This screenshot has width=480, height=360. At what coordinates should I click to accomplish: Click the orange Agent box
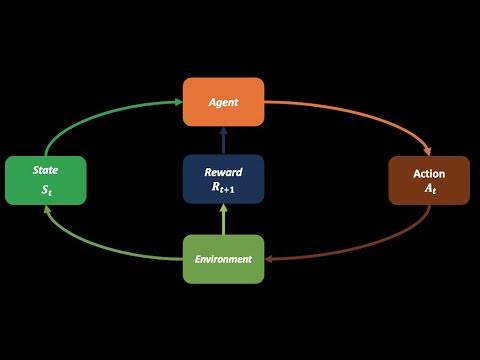[224, 102]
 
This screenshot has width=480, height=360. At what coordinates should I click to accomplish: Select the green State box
[46, 180]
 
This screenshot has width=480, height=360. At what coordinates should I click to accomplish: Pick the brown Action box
[429, 181]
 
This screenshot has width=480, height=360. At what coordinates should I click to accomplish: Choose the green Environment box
[224, 259]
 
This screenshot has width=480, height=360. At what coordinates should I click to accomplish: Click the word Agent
[224, 102]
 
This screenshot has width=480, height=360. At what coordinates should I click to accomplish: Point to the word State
[46, 172]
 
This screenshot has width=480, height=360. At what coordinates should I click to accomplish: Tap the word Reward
[224, 170]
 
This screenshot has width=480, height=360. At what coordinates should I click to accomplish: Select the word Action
[429, 173]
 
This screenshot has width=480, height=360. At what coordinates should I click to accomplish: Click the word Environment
[224, 260]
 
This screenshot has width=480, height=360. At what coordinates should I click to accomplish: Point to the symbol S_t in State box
[46, 190]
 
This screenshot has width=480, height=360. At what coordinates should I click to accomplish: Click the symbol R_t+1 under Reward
[224, 187]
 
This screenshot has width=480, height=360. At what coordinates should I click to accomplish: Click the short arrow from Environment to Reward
[224, 218]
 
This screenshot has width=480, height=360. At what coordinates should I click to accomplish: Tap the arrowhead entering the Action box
[427, 151]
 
